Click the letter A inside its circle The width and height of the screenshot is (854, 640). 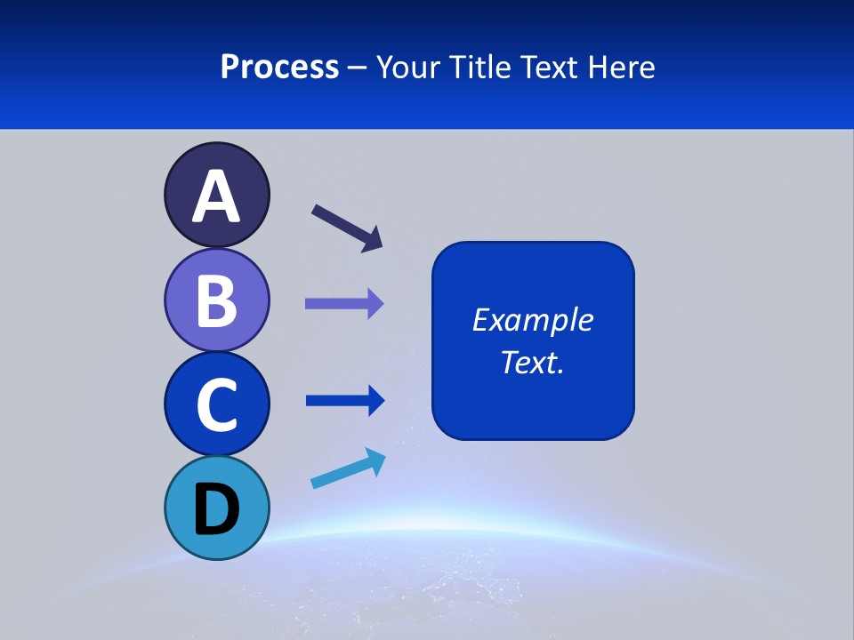[216, 196]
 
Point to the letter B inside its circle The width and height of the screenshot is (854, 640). [216, 300]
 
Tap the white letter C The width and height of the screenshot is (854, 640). [216, 404]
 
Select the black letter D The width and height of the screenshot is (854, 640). [216, 509]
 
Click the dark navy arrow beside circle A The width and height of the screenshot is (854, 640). [347, 228]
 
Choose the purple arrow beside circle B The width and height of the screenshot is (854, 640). [344, 303]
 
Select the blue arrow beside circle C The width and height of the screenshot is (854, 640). [344, 401]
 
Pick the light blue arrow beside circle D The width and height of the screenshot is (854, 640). [348, 468]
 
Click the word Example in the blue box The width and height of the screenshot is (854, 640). [533, 320]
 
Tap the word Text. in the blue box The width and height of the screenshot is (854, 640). [533, 362]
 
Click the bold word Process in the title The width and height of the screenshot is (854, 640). [279, 67]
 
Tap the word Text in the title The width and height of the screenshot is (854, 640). [552, 67]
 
